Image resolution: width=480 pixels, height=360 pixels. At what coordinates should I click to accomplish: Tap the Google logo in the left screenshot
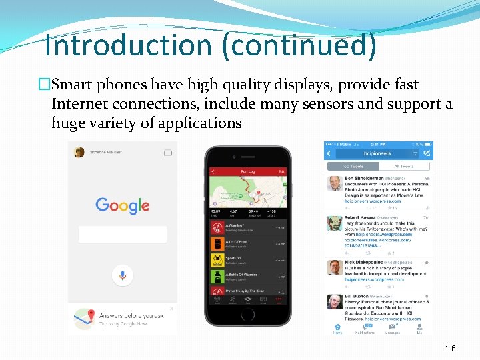coord(122,205)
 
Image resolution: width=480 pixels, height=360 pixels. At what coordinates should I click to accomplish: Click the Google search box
coord(123,234)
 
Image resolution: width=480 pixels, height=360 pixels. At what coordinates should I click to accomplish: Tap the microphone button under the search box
coord(123,274)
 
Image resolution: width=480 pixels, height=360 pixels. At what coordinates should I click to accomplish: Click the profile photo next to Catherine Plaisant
coord(79,152)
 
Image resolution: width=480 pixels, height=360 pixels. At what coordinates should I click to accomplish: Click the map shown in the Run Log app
coord(248,192)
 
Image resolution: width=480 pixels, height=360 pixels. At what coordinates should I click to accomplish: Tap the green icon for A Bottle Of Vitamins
coord(217,276)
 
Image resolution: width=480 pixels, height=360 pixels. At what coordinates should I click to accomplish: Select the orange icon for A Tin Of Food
coord(217,243)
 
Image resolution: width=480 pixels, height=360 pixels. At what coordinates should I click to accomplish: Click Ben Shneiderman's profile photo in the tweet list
coord(335,184)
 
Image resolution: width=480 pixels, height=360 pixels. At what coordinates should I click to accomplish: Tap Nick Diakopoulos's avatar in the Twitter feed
coord(335,267)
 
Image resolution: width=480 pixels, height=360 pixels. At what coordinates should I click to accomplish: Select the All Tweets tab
coord(405,166)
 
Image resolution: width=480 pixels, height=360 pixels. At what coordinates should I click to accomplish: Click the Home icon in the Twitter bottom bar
coord(337,327)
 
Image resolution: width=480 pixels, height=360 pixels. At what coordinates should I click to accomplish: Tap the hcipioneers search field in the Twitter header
coord(378,153)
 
